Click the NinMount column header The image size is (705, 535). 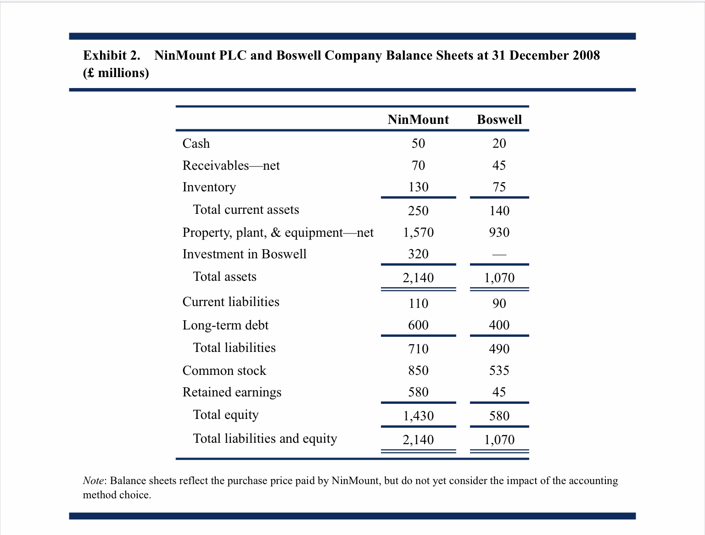pos(418,119)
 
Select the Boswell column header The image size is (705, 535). pos(499,119)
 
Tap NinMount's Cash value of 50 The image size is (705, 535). pos(418,143)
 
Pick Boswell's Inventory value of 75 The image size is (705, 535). pos(499,187)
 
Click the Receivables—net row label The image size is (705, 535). pos(231,165)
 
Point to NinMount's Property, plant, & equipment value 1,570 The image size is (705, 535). pos(418,232)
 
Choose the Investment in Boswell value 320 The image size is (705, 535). pos(418,254)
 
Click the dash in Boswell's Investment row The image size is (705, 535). pos(499,255)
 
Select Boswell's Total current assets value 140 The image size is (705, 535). pos(499,211)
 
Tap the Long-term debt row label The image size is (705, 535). pos(225,325)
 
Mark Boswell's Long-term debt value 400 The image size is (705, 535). pos(499,325)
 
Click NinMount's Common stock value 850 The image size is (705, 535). pos(418,370)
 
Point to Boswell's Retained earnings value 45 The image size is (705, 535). pos(499,392)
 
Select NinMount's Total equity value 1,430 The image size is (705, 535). pos(418,416)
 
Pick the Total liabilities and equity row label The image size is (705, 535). pos(265,438)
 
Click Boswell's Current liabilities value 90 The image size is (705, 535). pos(499,303)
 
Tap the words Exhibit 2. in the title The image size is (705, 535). pos(112,55)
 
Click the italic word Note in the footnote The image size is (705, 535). pos(93,480)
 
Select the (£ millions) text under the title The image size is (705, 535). pos(116,73)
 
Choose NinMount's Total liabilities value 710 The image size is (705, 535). pos(418,349)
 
